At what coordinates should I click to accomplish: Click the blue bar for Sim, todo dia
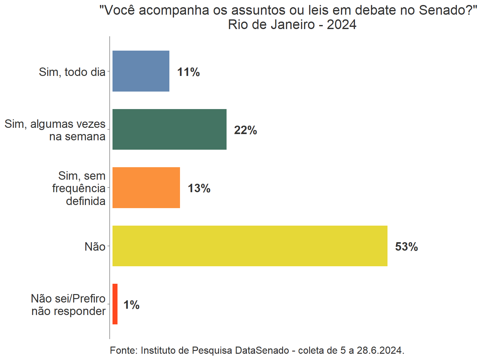coord(141,71)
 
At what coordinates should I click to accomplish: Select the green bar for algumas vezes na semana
coord(169,129)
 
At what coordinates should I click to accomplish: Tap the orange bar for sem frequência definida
coord(146,187)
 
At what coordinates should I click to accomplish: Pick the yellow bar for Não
coord(250,246)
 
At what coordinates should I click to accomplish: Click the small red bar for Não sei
coord(115,304)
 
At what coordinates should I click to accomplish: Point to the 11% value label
coord(188,72)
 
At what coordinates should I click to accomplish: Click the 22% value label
coord(245,130)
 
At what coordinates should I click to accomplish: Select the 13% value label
coord(199,188)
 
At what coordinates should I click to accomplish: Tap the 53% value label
coord(406,247)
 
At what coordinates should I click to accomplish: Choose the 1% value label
coord(131,305)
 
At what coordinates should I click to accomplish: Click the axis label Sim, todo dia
coord(72,72)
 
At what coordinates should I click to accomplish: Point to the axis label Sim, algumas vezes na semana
coord(55,130)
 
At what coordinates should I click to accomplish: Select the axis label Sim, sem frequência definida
coord(79,188)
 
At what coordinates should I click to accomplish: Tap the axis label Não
coord(95,247)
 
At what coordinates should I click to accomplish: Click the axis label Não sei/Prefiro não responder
coord(68,305)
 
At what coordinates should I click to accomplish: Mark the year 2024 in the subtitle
coord(342,25)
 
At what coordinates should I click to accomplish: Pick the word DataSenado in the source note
coord(262,350)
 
